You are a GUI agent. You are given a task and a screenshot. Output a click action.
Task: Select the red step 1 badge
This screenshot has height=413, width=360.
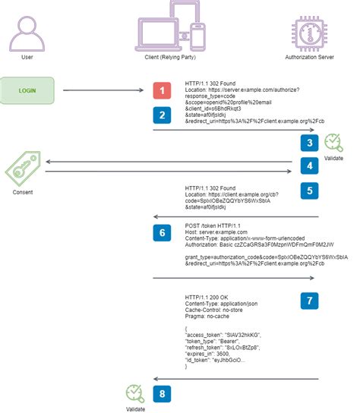coord(161,90)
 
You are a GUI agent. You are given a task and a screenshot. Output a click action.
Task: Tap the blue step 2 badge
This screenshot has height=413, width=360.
coord(161,115)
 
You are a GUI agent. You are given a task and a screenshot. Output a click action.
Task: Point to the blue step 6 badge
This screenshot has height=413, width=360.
coord(161,234)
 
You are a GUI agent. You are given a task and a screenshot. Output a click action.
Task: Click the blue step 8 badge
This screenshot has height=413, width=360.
coord(161,393)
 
